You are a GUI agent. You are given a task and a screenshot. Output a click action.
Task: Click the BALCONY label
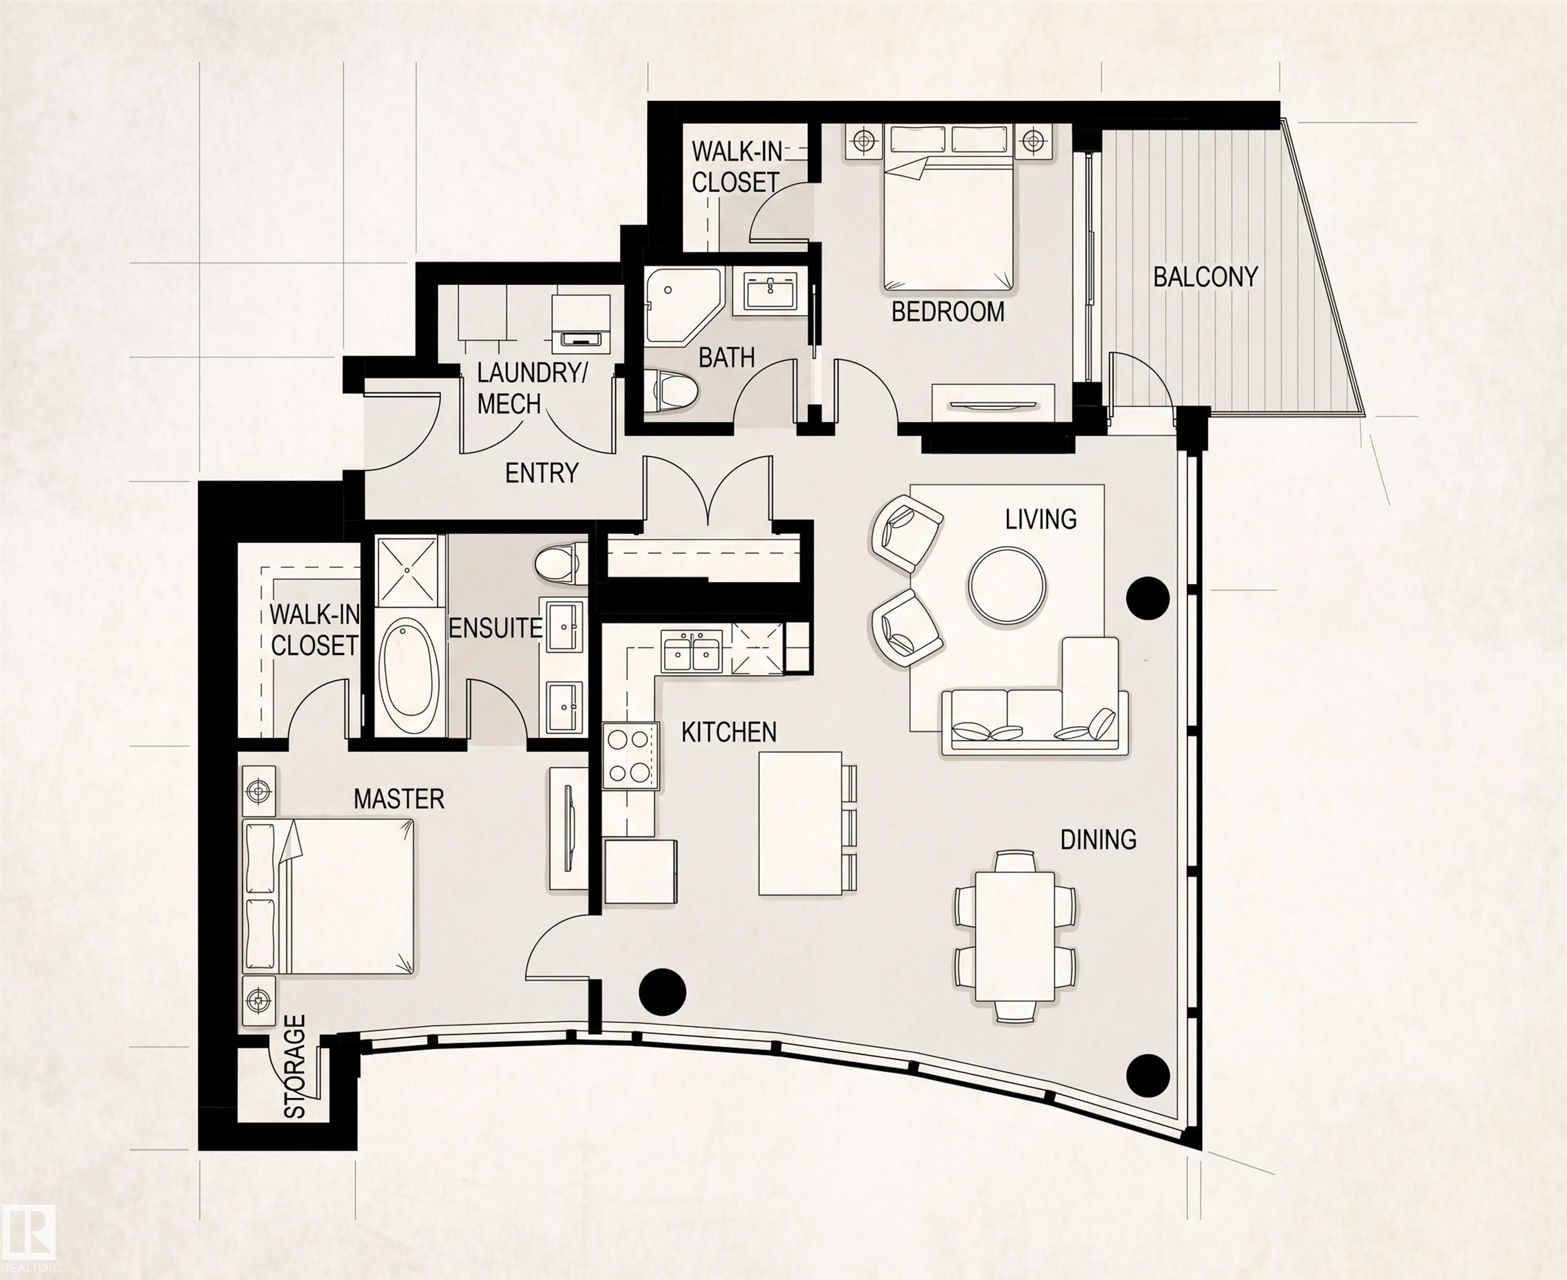click(x=1205, y=277)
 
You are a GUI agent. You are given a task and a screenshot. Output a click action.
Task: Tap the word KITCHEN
click(x=729, y=732)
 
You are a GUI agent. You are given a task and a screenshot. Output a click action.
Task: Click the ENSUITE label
click(x=495, y=628)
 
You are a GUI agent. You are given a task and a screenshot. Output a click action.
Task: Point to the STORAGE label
click(x=295, y=1066)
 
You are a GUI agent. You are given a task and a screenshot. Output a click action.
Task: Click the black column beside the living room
click(x=1149, y=597)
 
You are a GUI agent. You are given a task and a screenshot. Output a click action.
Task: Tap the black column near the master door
click(x=662, y=992)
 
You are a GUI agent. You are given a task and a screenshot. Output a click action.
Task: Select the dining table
click(x=1015, y=937)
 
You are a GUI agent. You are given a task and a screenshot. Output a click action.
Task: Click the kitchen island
click(x=801, y=823)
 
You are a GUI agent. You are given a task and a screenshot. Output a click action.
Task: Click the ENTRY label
click(x=542, y=473)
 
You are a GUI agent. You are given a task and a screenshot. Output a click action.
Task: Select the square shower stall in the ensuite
click(x=410, y=572)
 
